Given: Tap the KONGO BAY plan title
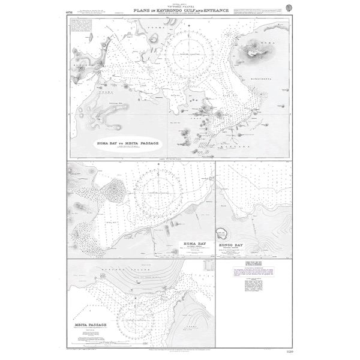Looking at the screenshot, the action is pyautogui.click(x=231, y=244).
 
